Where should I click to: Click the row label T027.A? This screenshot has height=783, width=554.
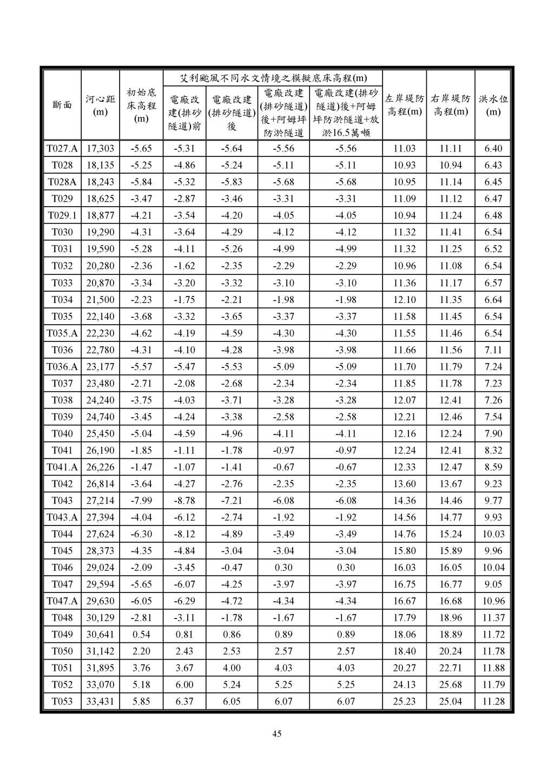coord(62,149)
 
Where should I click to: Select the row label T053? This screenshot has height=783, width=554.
coord(62,701)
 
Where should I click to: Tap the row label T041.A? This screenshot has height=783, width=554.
coord(62,467)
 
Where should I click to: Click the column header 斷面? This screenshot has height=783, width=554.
coord(62,105)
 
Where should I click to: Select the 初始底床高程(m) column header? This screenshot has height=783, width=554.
coord(141,105)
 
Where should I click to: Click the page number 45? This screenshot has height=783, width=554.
coord(276,734)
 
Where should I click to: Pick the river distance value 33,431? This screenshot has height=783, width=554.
coord(100,701)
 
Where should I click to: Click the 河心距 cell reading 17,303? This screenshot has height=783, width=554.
coord(100,149)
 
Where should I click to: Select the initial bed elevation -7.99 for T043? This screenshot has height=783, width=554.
coord(141,501)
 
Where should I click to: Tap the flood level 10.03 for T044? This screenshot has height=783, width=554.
coord(493,534)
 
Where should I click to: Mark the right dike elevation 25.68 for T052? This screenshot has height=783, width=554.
coord(450,685)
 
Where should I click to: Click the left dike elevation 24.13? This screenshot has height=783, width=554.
coord(404,685)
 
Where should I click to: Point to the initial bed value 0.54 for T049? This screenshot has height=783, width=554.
coord(141,634)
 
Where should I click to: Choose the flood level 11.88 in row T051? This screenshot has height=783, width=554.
coord(493,668)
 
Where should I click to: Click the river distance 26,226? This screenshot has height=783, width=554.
coord(100,467)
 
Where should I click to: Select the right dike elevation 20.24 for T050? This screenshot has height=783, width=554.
coord(450,651)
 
